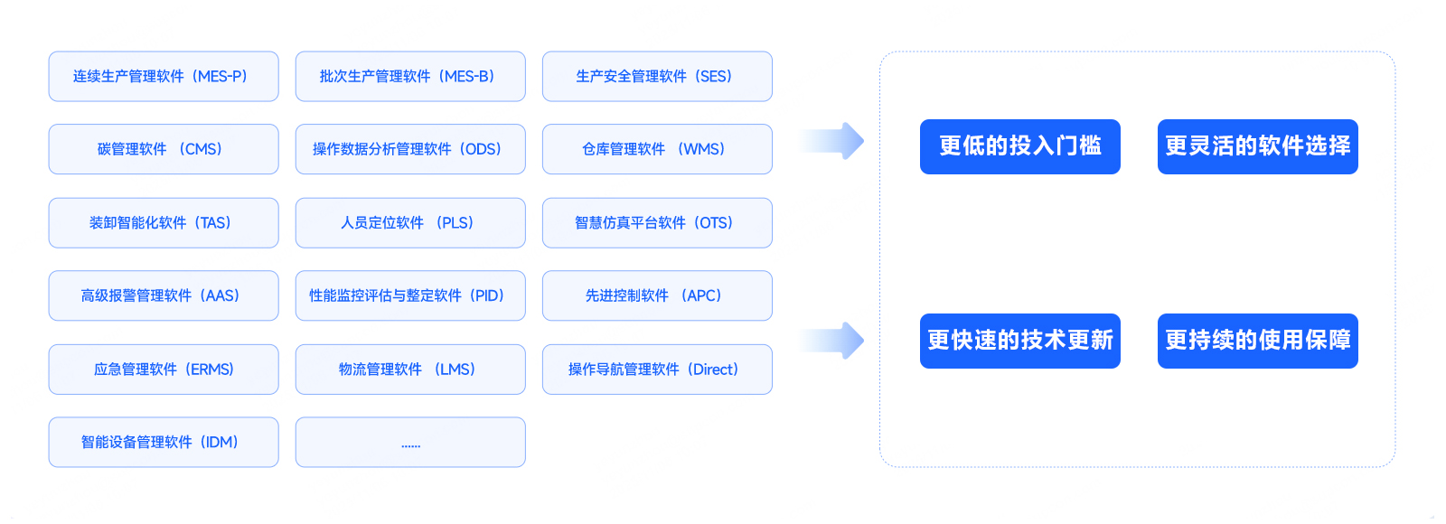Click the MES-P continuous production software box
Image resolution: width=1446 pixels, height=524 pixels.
(x=164, y=77)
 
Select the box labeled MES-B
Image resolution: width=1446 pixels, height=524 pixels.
(x=410, y=77)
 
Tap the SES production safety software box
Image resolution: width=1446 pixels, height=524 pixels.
(x=657, y=77)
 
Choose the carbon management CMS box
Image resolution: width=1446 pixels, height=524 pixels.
(x=164, y=149)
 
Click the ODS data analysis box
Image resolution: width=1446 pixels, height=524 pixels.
(x=410, y=149)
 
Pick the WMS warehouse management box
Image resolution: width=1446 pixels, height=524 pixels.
(x=657, y=149)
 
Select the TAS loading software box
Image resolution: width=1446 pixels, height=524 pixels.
(x=164, y=223)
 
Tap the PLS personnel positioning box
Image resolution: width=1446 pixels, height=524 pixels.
(x=410, y=223)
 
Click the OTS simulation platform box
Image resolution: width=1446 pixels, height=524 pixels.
(x=657, y=223)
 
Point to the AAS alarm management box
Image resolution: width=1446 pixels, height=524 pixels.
(x=164, y=295)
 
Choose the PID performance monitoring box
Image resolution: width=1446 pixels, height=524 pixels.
(x=410, y=295)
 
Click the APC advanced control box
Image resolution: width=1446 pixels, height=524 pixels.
(x=657, y=295)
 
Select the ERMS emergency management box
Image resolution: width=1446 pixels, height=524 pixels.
(x=164, y=370)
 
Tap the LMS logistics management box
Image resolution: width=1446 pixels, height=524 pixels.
(x=410, y=370)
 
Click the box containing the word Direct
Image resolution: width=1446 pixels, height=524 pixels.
(x=657, y=370)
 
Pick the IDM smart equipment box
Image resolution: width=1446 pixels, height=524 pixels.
(x=164, y=442)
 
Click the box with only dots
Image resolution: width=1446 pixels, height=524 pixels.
(x=410, y=442)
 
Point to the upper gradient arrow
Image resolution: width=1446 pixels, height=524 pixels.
(x=833, y=141)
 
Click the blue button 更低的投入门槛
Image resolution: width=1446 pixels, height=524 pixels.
(x=1019, y=146)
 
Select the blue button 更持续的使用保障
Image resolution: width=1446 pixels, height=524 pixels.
(x=1257, y=341)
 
